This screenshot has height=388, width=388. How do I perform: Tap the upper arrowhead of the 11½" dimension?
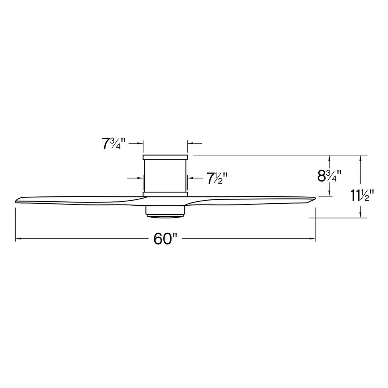click(x=361, y=158)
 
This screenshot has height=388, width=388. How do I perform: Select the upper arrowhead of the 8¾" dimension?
click(x=329, y=158)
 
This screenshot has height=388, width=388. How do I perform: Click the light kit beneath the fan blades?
click(x=165, y=211)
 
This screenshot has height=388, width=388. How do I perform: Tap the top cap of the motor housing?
click(x=165, y=157)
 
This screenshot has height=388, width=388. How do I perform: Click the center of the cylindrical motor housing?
click(x=165, y=175)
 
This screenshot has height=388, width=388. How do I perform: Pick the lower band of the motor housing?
click(x=165, y=193)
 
